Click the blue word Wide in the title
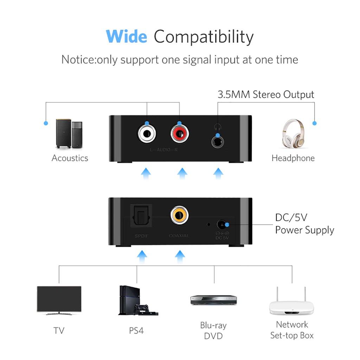pos(127,37)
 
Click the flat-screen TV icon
pos(59,300)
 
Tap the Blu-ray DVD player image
pos(213,300)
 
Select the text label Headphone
pos(293,158)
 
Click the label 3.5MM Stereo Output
pos(266,95)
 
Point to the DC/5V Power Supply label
pos(304,224)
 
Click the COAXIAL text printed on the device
pos(179,236)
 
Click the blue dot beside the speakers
pos(46,123)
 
